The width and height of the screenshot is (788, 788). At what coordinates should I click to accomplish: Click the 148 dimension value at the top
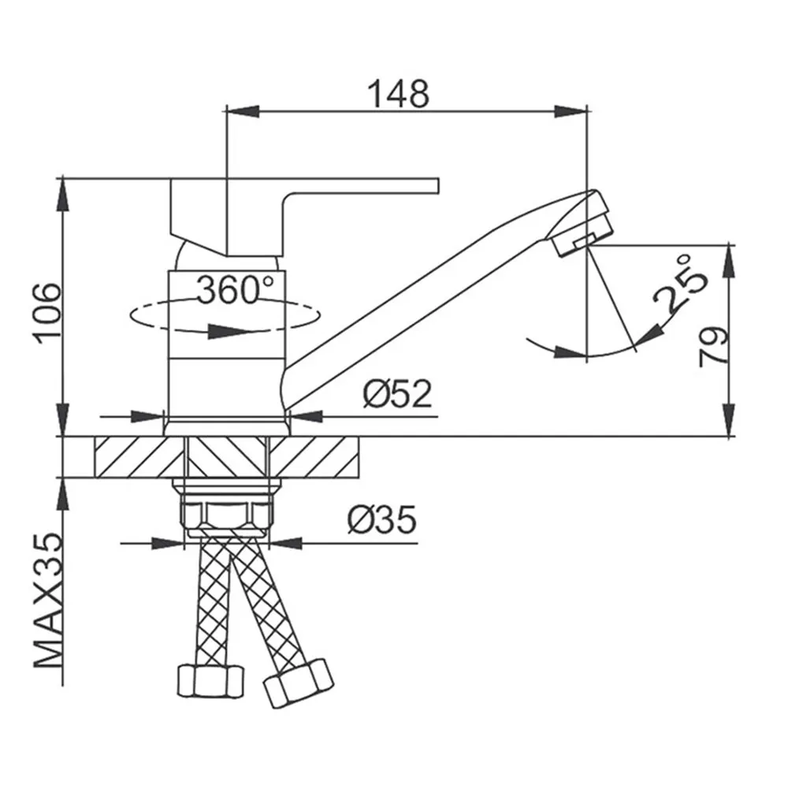pyautogui.click(x=399, y=94)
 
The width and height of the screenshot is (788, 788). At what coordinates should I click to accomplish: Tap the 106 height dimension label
pyautogui.click(x=49, y=314)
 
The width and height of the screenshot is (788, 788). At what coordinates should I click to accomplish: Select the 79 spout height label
pyautogui.click(x=713, y=347)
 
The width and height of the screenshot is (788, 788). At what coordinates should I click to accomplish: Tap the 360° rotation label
pyautogui.click(x=235, y=290)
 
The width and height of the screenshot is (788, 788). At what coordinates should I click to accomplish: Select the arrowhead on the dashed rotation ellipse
pyautogui.click(x=230, y=331)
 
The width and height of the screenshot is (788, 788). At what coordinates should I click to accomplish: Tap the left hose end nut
pyautogui.click(x=210, y=681)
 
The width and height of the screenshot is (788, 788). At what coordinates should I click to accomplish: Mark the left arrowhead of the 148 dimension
pyautogui.click(x=243, y=112)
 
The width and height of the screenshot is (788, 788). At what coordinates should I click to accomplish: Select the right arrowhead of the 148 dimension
pyautogui.click(x=571, y=112)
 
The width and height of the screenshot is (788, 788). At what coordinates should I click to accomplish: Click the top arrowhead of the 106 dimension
pyautogui.click(x=63, y=194)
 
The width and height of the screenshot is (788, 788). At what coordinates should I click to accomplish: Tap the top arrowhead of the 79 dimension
pyautogui.click(x=728, y=261)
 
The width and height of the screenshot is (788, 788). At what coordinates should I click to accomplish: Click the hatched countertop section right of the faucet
pyautogui.click(x=314, y=457)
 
